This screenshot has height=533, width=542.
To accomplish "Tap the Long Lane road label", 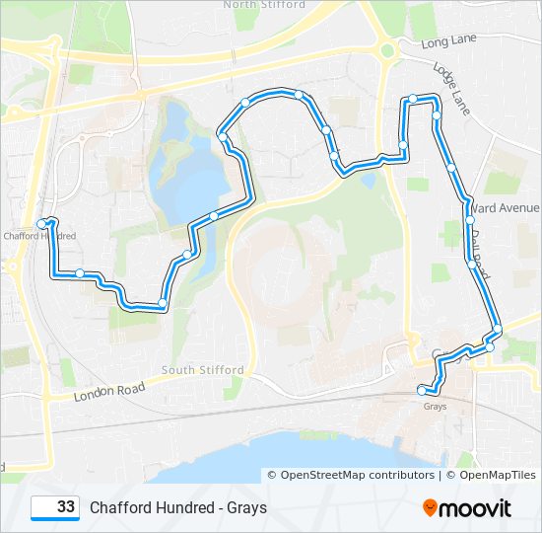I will pos(447,42).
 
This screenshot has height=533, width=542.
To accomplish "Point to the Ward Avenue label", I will pos(506,208).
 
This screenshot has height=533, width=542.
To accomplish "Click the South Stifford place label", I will pos(203,370).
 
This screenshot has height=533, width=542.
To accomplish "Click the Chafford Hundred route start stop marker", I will pos(42,224).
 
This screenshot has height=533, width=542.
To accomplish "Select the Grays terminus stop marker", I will pos(423,388).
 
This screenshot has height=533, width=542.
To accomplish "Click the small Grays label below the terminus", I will pos(435,406).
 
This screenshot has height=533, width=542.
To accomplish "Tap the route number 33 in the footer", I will pos(66,507).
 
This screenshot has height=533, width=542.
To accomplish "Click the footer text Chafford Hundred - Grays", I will pos(178,508).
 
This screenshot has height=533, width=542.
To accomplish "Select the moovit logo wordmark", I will pos(476,508).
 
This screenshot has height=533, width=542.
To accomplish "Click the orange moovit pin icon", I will pos(431,508).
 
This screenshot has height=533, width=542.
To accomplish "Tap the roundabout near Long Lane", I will pos(386,50).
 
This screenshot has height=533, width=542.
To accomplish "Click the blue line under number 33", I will pos(55,519).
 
